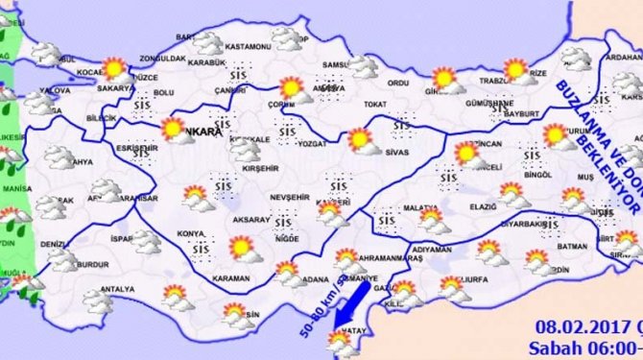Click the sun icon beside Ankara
[173, 129]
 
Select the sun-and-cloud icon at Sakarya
[114, 68]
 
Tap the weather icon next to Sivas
[361, 140]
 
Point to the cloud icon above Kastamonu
[285, 37]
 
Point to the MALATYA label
[420, 207]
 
